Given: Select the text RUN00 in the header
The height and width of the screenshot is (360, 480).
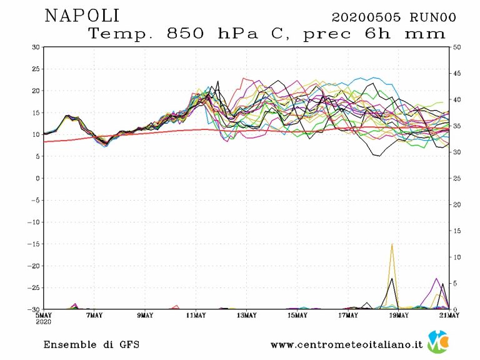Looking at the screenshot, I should pyautogui.click(x=432, y=17).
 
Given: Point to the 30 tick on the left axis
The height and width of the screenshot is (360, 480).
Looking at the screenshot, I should pyautogui.click(x=37, y=47).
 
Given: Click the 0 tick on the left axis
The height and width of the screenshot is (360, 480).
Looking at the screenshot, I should pyautogui.click(x=39, y=178).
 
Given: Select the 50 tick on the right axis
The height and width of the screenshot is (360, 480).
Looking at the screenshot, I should pyautogui.click(x=457, y=47).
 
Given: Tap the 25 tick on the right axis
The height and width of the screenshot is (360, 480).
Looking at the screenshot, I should pyautogui.click(x=457, y=178).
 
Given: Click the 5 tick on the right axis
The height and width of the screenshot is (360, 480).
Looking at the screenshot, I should pyautogui.click(x=455, y=283).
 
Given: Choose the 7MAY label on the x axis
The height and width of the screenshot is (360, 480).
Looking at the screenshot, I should pyautogui.click(x=94, y=315).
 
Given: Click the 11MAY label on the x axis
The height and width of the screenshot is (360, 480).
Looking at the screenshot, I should pyautogui.click(x=196, y=315).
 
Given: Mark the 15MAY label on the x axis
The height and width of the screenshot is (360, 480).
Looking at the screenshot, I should pyautogui.click(x=297, y=315).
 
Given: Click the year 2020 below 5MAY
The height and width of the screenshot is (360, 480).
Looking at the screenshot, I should pyautogui.click(x=44, y=321).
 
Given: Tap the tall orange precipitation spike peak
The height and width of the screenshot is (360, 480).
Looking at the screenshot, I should pyautogui.click(x=392, y=244).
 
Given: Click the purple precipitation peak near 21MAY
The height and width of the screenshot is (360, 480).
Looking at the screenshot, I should pyautogui.click(x=437, y=279).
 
